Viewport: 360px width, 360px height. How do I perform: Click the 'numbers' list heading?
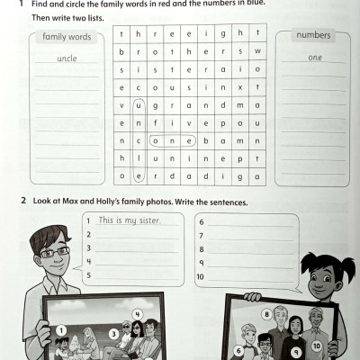click(313, 36)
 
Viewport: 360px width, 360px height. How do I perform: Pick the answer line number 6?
click(200, 220)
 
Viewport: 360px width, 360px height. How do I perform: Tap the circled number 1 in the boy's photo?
click(61, 330)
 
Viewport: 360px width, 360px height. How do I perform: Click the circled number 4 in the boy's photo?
click(138, 314)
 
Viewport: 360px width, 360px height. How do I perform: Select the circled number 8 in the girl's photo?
click(266, 314)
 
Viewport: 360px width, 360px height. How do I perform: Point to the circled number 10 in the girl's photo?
click(317, 345)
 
